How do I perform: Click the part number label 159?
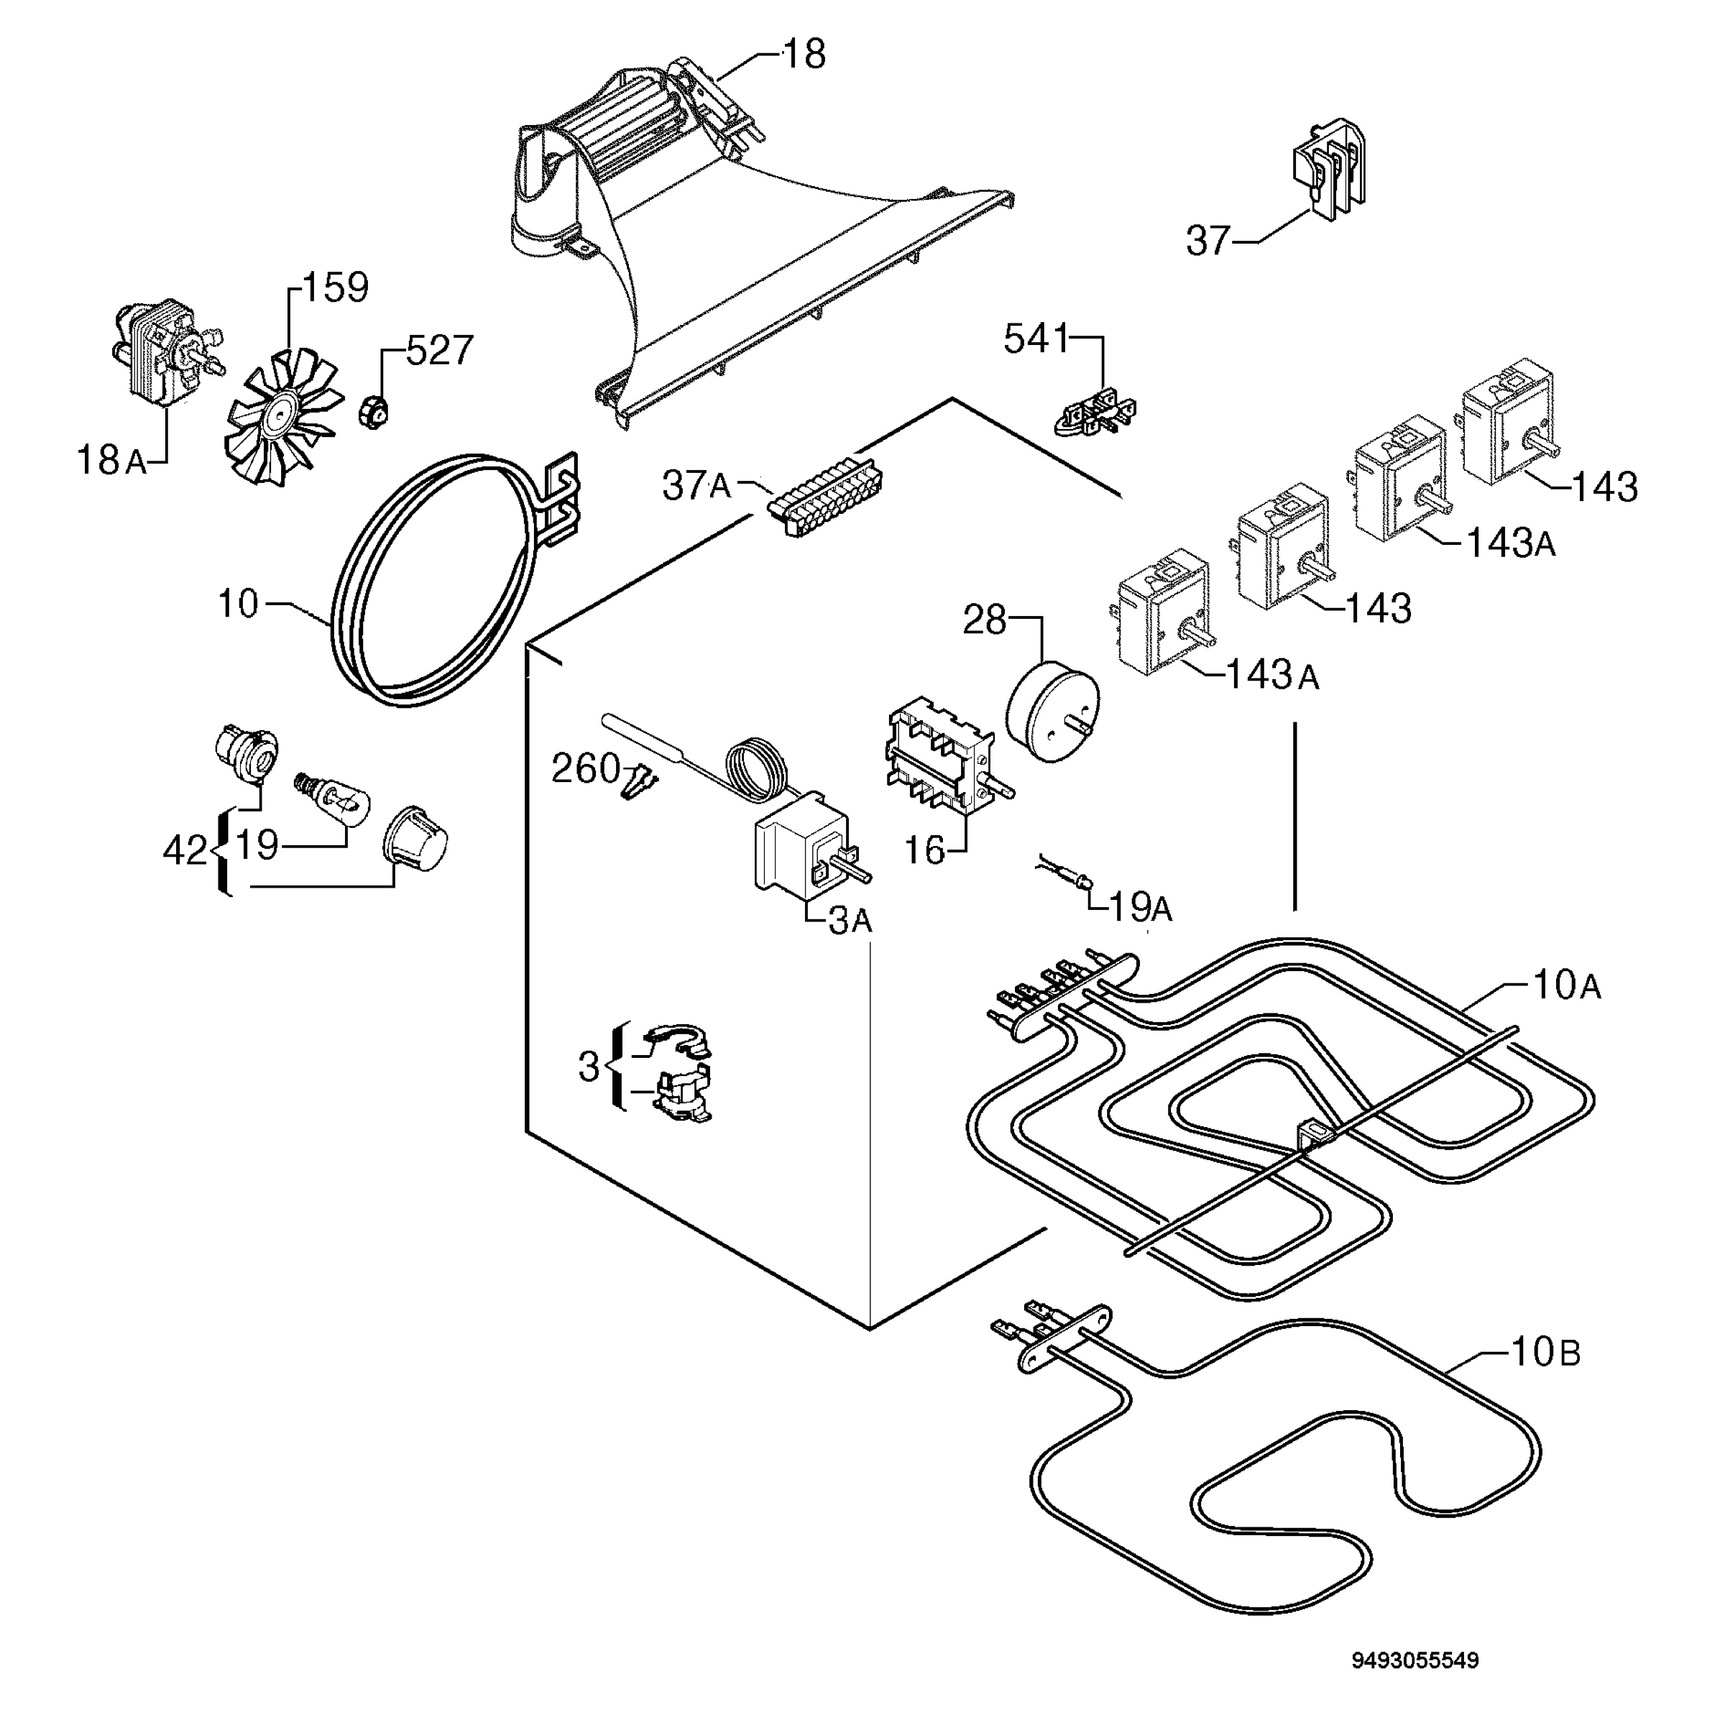[336, 287]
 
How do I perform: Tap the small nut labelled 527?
[372, 412]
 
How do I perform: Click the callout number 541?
[1036, 339]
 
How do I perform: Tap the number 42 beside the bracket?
[185, 851]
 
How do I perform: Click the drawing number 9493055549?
[1416, 1586]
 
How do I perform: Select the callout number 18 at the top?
[804, 55]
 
